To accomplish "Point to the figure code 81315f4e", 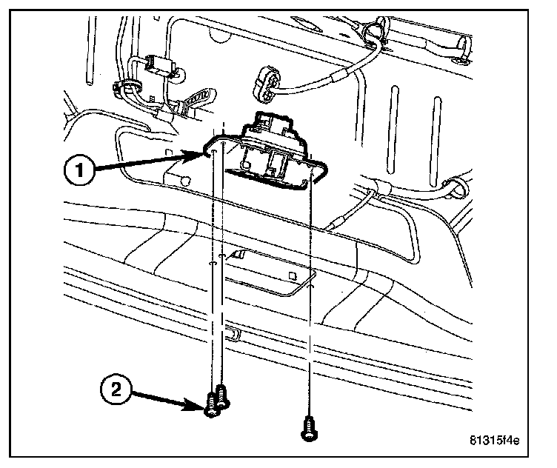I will point(494,443).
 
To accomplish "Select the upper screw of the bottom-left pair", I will point(221,393).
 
